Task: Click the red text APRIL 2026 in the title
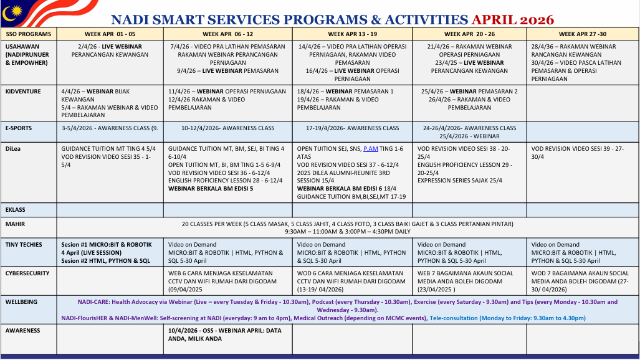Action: coord(512,20)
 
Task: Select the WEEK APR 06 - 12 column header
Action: coord(227,34)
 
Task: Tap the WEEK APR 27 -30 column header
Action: coord(582,34)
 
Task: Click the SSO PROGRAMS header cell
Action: coord(29,34)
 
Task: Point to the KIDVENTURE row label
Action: coord(23,92)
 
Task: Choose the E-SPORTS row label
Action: coord(19,128)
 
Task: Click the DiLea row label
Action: coord(14,149)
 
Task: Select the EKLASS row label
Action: coord(16,210)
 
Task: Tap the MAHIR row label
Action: coord(15,224)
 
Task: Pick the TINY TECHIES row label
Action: coord(24,245)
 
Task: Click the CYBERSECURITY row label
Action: coord(27,273)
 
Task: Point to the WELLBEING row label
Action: coord(21,302)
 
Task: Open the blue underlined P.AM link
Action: coord(371,149)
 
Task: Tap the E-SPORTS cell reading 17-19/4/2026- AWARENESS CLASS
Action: coord(352,128)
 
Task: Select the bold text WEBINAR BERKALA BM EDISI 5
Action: coord(211,188)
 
